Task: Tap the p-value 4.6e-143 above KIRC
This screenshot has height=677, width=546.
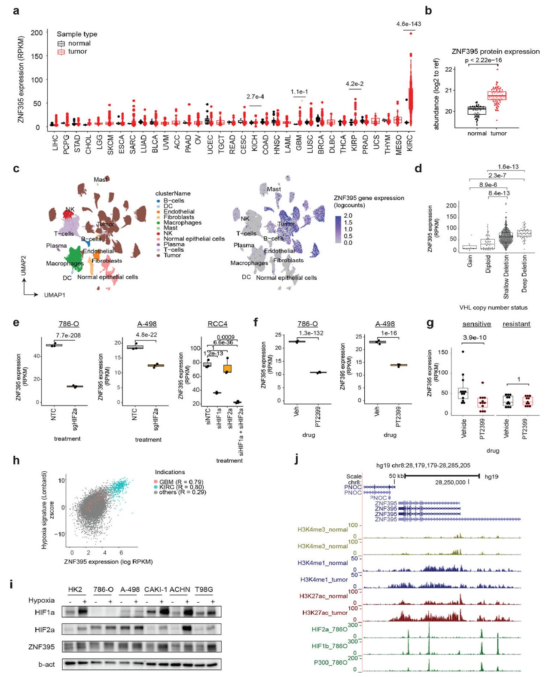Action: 409,24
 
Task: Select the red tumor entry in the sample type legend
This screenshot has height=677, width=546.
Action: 77,52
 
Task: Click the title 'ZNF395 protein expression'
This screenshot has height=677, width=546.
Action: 495,52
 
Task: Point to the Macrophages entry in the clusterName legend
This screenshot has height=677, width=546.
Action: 182,223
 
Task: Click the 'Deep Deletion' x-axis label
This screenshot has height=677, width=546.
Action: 524,274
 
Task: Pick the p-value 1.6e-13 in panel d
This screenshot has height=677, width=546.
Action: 508,167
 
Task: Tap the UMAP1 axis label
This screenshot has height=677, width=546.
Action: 55,295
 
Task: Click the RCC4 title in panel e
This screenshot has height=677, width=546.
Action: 217,324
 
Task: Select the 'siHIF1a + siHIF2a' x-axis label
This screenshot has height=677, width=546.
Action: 241,432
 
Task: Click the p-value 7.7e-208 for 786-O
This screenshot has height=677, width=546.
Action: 68,335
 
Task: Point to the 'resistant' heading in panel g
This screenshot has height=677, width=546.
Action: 516,324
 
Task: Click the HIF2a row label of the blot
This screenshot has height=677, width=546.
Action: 45,630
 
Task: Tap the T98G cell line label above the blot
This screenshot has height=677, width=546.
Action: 204,589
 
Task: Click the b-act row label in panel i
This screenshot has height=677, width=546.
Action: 46,665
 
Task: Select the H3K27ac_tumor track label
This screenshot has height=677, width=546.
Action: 325,613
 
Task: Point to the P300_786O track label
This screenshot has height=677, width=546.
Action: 330,662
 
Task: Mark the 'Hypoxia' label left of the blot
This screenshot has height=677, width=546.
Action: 41,600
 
